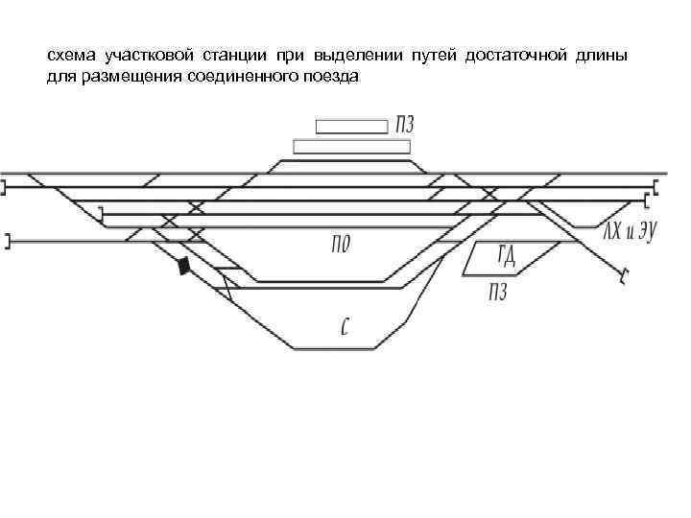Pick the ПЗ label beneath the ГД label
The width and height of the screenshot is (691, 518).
[496, 292]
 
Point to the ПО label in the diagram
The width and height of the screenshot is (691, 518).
[340, 244]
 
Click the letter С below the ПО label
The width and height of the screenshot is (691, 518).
[345, 326]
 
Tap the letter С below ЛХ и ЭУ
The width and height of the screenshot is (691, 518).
[624, 278]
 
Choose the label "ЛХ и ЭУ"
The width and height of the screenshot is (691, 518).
[629, 231]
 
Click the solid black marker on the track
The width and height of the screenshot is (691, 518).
[182, 266]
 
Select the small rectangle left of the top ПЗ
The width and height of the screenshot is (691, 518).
[351, 126]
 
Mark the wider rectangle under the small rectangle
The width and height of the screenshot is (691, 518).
[351, 146]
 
